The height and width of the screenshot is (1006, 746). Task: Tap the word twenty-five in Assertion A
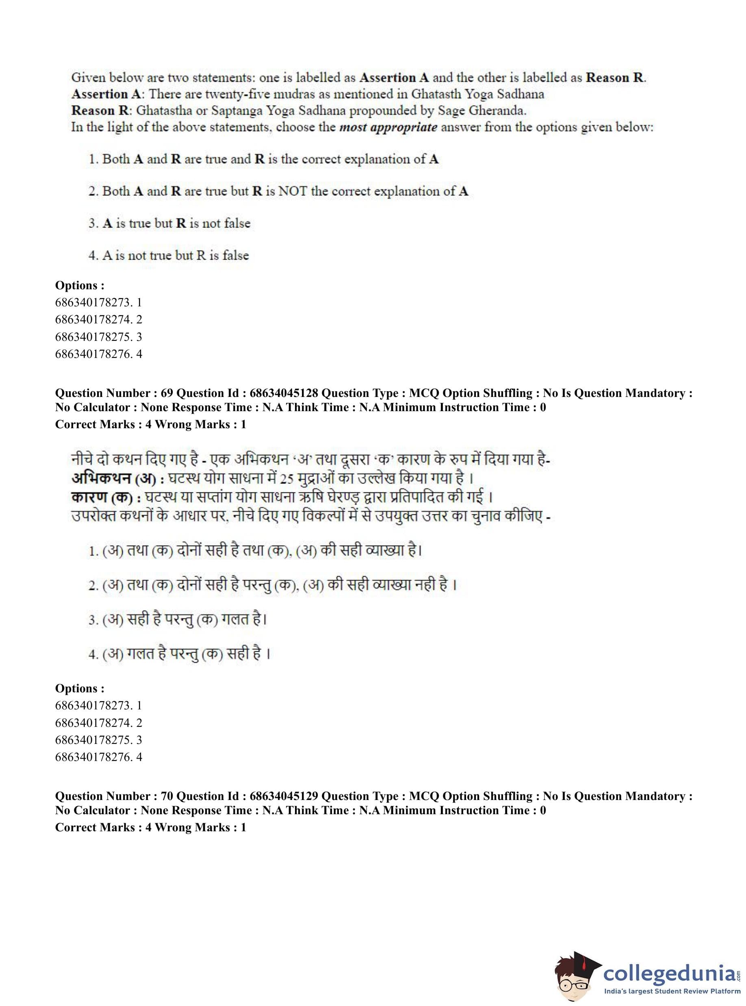(238, 94)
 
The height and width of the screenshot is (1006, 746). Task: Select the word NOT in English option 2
(293, 191)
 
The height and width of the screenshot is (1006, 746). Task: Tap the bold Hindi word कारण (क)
(101, 498)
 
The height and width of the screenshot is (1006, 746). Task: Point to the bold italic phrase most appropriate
(388, 127)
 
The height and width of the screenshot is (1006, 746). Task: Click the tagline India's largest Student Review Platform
(672, 991)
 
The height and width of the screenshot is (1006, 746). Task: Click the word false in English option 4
(235, 256)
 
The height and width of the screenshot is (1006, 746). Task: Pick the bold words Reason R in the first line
(615, 78)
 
